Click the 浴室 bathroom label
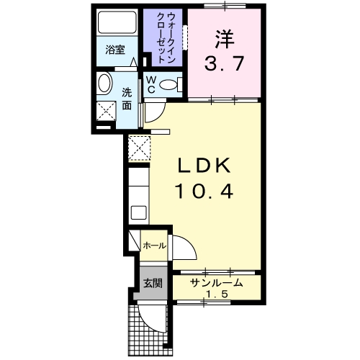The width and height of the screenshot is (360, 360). (114, 50)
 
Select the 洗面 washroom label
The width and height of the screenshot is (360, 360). (127, 99)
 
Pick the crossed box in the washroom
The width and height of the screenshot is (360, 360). (107, 112)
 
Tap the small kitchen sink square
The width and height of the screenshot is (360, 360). (138, 213)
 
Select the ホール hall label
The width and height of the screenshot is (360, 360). (154, 246)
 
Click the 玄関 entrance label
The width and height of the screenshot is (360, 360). (151, 282)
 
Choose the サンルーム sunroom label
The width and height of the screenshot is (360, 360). (216, 283)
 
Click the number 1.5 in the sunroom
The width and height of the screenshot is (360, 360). (216, 295)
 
